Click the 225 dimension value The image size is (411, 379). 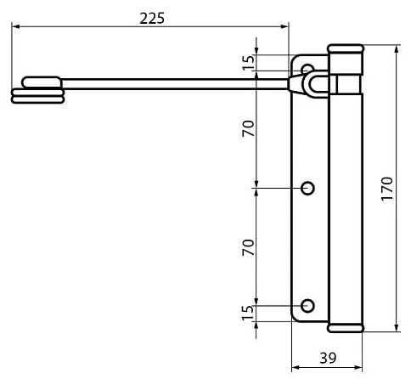point(152,19)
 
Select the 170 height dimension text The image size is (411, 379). point(387,189)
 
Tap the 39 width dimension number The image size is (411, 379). point(328,358)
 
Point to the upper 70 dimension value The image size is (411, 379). point(249,128)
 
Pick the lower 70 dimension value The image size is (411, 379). point(249,247)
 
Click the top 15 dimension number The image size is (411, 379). point(249,63)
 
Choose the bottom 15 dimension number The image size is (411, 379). point(249,313)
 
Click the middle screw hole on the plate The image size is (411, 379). point(307,188)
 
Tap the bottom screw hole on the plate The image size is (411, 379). point(307,306)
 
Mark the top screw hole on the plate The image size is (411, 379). point(307,68)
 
